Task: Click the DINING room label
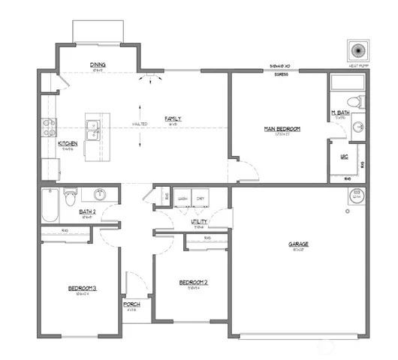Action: [x=98, y=64]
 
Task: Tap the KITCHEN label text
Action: [x=68, y=142]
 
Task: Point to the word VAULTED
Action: [x=140, y=124]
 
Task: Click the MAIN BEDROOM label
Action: [x=282, y=129]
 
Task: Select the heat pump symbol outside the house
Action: [x=357, y=51]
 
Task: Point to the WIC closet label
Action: [x=345, y=157]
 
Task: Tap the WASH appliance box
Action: [x=182, y=199]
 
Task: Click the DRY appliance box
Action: [x=201, y=199]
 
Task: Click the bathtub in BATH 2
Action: [x=50, y=205]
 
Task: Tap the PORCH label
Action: [x=131, y=304]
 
